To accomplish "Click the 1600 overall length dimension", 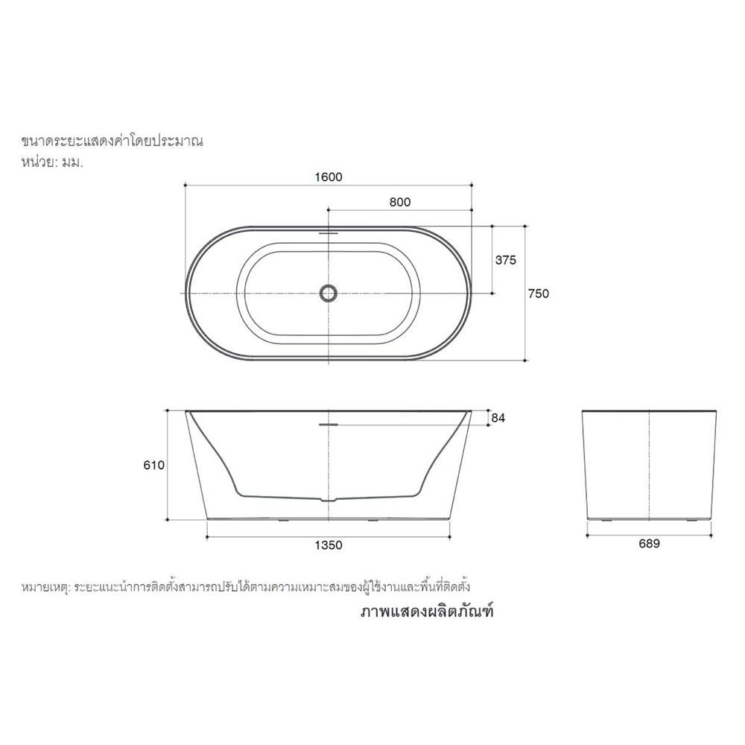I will [x=329, y=177].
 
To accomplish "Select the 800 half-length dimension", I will [x=400, y=202].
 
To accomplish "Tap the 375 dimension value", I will [x=506, y=260].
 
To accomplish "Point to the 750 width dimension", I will [x=538, y=294].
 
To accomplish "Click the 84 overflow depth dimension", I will [x=498, y=419].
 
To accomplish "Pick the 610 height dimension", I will [x=153, y=465].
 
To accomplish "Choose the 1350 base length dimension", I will [x=328, y=545].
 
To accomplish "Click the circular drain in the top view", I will [x=328, y=293].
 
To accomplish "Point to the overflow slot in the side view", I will [x=328, y=425].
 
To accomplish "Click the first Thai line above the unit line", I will [x=112, y=140].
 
